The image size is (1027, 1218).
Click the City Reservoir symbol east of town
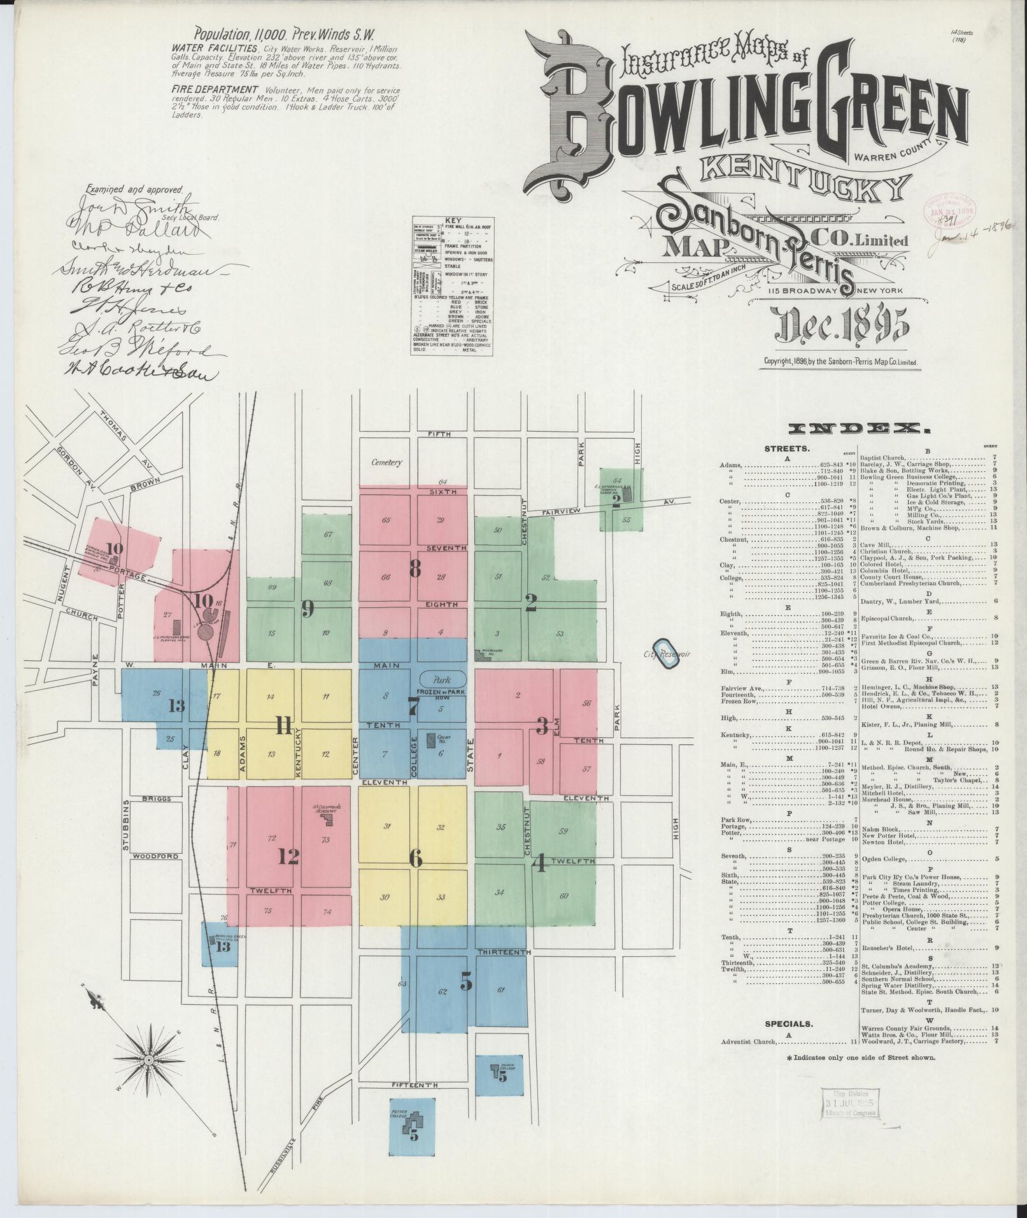[x=667, y=653]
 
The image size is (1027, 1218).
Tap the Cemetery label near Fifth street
[x=387, y=463]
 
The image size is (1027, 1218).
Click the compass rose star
[x=148, y=1060]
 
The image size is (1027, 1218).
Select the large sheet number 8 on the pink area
[x=414, y=568]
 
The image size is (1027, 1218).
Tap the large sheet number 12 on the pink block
[x=288, y=856]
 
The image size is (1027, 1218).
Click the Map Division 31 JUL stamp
[x=848, y=1103]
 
